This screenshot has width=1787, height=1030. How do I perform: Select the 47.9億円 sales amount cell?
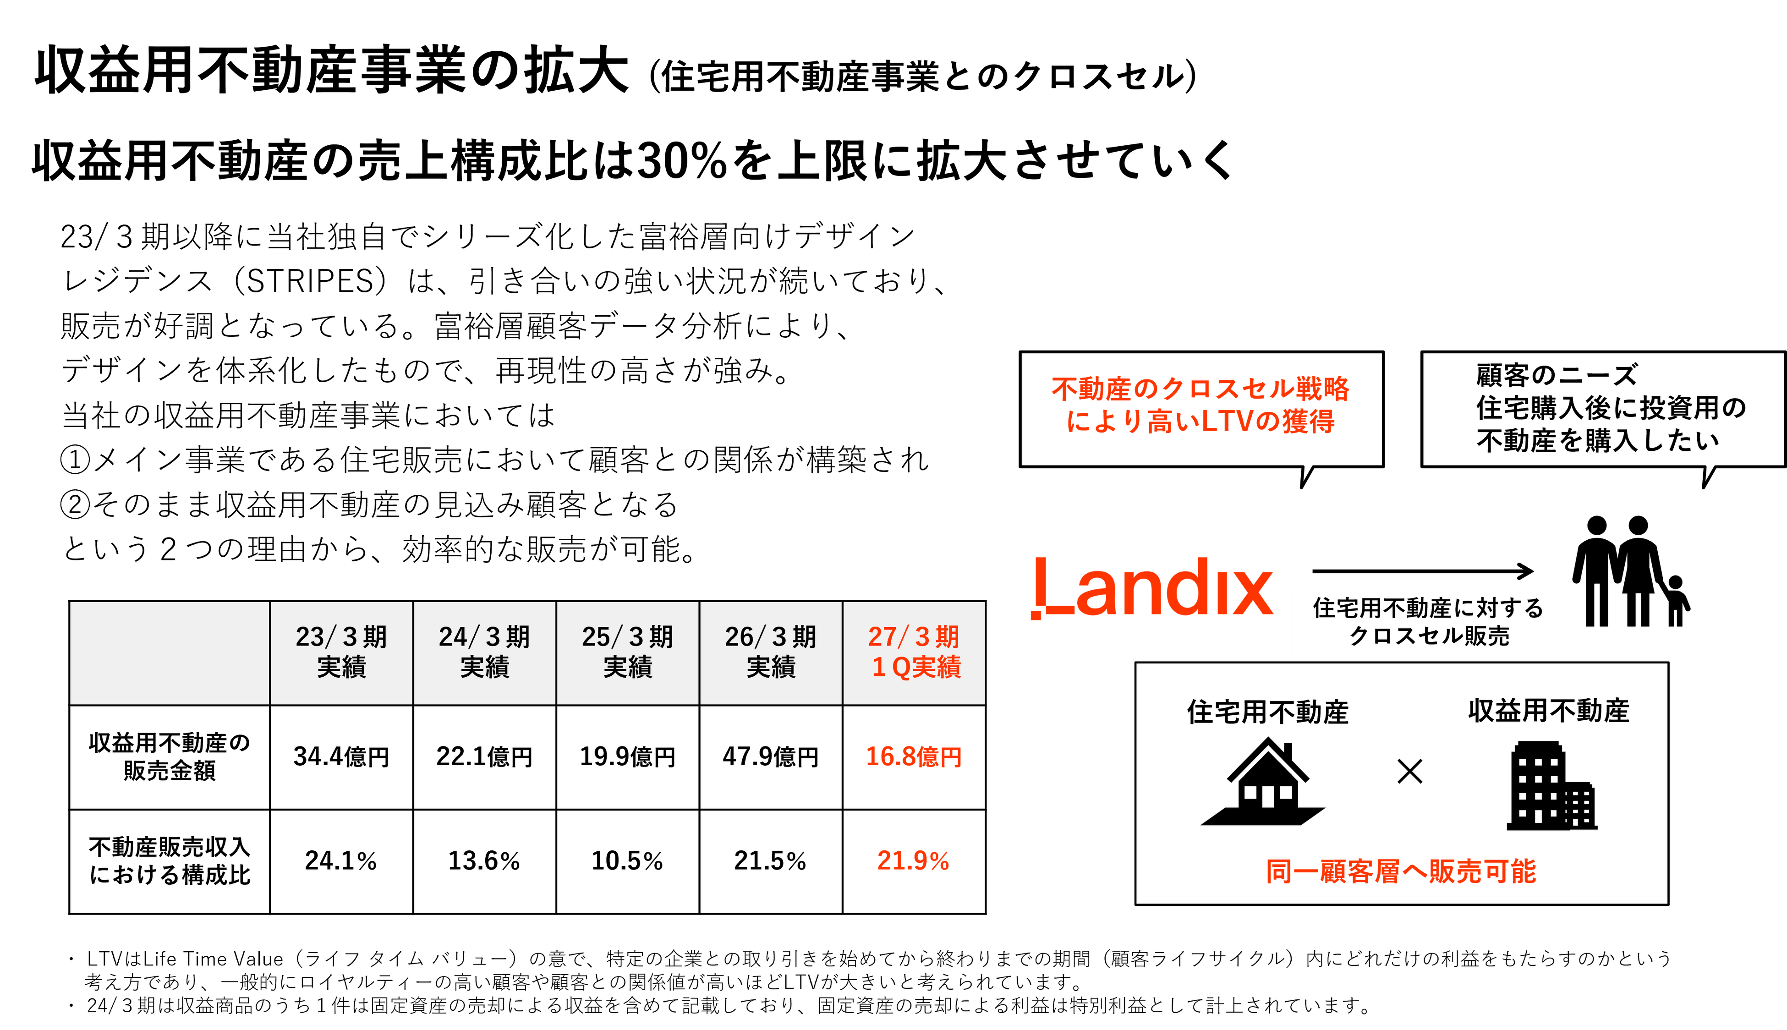770,757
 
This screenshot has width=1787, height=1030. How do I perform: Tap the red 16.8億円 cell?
913,757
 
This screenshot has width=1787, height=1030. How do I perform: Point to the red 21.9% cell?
913,861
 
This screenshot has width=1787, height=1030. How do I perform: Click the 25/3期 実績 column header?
627,652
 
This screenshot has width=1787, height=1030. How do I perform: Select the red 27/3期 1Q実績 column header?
913,652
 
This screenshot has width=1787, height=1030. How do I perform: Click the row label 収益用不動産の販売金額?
170,757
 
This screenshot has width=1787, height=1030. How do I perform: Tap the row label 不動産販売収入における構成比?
170,861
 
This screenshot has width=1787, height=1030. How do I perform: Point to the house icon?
1263,782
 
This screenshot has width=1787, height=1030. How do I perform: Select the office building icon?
1552,785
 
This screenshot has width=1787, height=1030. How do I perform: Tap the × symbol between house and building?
1410,771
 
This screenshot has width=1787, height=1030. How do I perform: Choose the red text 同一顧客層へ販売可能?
1401,871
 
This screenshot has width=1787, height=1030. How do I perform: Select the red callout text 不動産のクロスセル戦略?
1200,389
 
